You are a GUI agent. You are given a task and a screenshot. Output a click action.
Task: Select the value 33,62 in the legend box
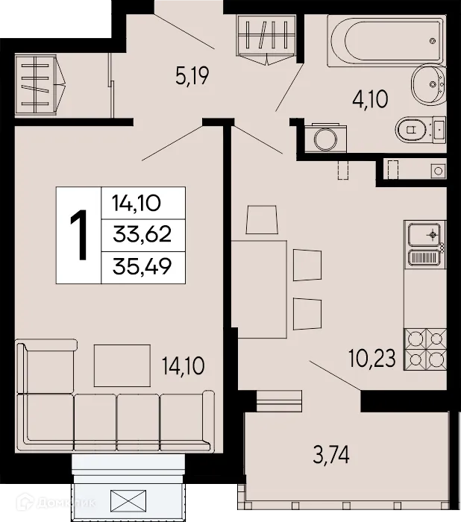[x=142, y=235]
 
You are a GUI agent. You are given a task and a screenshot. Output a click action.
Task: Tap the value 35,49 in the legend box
[x=142, y=266]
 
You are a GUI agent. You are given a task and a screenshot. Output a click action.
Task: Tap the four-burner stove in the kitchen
[x=424, y=349]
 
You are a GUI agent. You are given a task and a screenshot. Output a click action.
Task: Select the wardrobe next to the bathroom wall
[x=265, y=38]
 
